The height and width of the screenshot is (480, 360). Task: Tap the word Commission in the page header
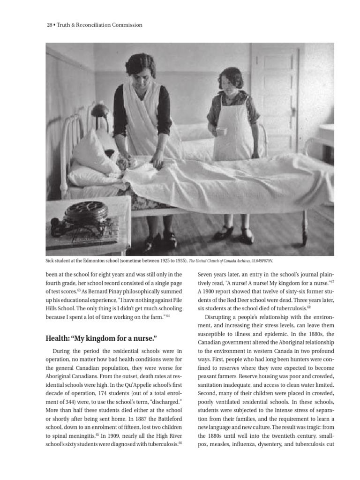[x=125, y=25]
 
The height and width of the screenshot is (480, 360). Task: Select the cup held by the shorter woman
[x=220, y=131]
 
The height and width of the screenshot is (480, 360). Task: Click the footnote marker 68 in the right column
[x=308, y=307]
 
